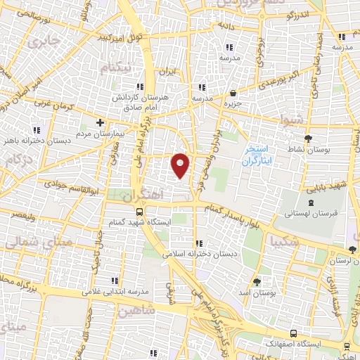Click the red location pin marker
coord(181,165)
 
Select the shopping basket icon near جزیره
coord(233,93)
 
